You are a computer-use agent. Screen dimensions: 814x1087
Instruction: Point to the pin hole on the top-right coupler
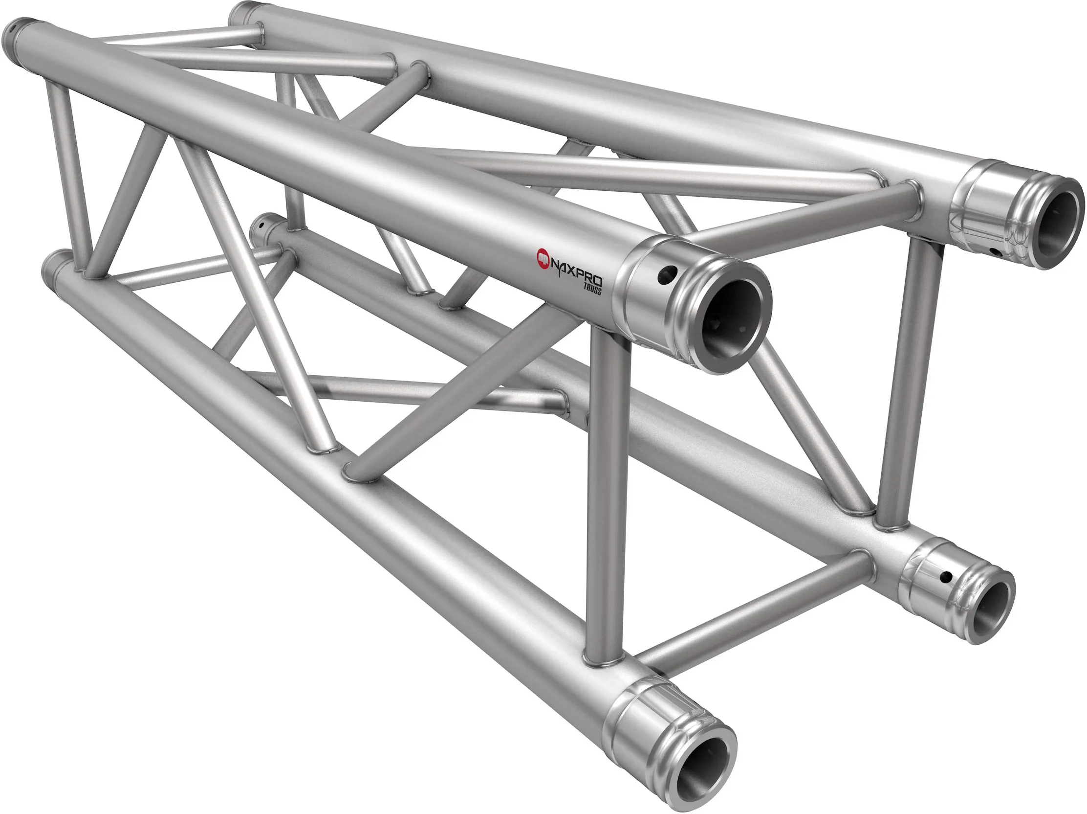point(996,252)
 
